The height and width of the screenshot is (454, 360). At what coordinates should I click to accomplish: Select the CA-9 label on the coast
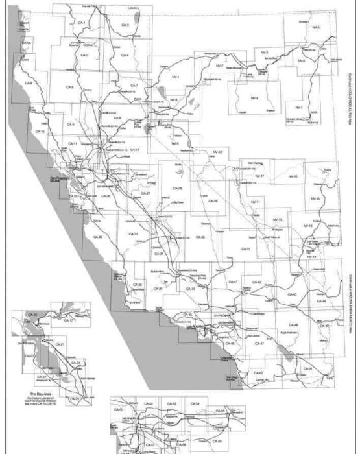coord(28,83)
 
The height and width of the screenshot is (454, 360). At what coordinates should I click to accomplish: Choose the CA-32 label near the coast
coord(98,237)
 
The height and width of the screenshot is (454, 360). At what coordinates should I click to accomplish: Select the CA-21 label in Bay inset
coord(60,344)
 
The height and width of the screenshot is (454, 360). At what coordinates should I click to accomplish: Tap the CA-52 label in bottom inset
coord(149,403)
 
